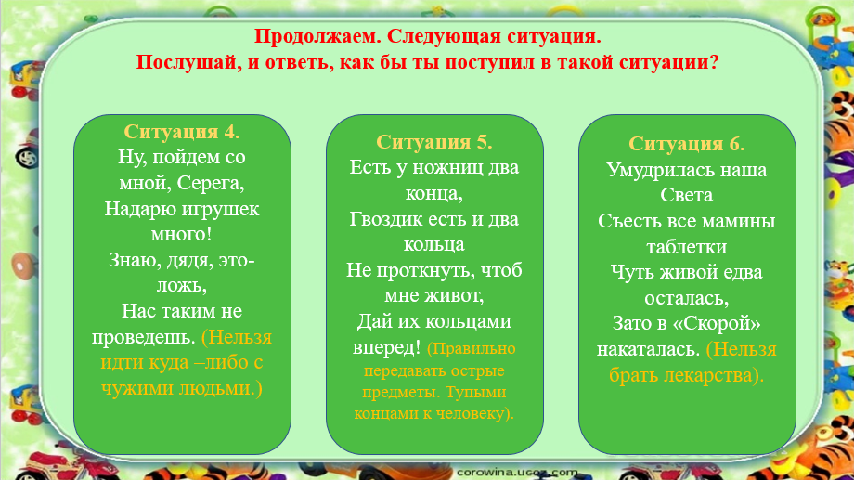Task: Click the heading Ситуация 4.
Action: [x=182, y=132]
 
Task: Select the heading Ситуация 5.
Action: [x=434, y=142]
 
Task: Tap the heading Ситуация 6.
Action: [x=687, y=144]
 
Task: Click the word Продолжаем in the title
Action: [x=318, y=36]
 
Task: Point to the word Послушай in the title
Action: [x=188, y=62]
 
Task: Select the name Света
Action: [x=686, y=195]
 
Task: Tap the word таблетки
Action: [x=686, y=247]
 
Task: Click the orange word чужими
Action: [x=134, y=388]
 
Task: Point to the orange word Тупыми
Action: [x=476, y=393]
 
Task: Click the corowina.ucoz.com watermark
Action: [x=517, y=473]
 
